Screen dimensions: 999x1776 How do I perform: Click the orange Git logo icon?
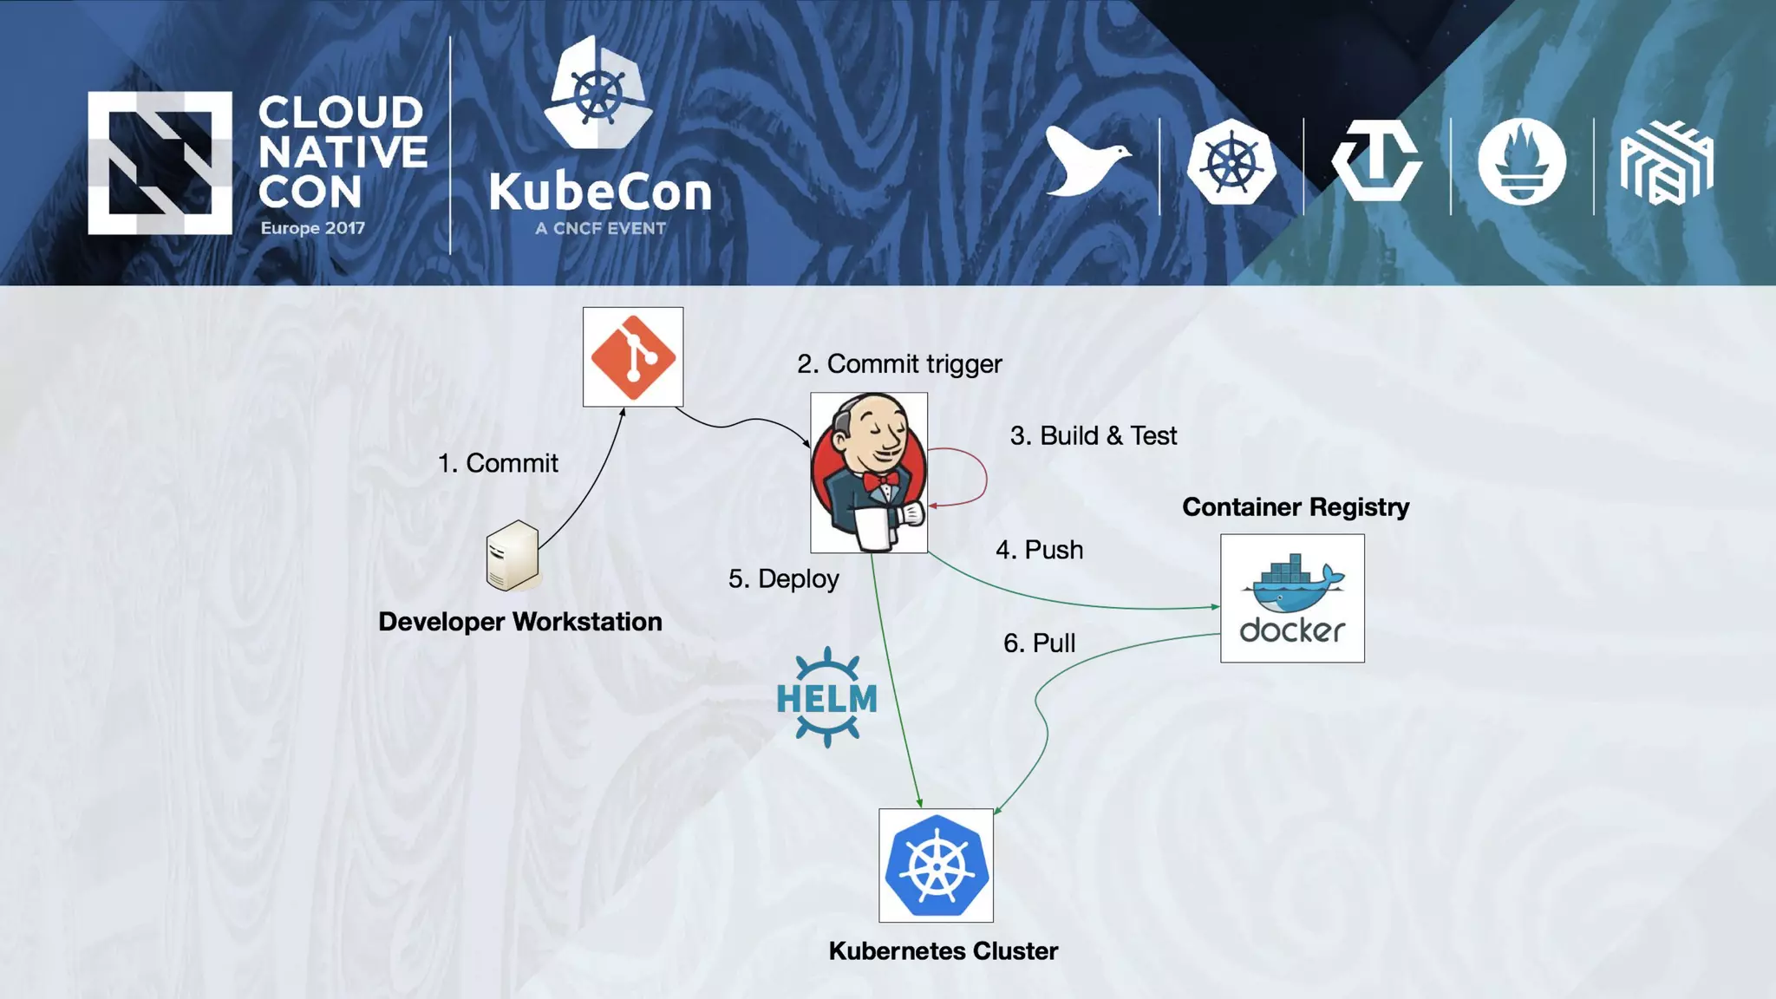633,356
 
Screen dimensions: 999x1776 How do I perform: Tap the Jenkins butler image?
868,473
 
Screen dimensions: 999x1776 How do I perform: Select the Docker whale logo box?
1292,598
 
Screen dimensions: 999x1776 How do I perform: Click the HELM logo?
826,697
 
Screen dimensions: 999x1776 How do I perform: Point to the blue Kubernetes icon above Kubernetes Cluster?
936,865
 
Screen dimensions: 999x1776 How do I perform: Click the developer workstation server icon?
513,556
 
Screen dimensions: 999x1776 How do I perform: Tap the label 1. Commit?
498,463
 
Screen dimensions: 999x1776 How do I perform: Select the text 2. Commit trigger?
899,363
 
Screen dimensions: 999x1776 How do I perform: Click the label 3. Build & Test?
1093,435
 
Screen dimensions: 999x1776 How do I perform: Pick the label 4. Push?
1039,550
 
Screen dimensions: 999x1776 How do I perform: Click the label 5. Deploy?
783,578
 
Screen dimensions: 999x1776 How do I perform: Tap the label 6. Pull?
1039,643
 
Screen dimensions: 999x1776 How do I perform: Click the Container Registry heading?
1296,507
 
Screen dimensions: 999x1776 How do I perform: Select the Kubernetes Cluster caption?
943,951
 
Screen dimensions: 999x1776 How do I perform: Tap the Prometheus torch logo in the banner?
1522,162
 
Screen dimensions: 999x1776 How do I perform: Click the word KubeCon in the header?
600,192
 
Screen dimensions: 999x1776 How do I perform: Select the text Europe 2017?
313,228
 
